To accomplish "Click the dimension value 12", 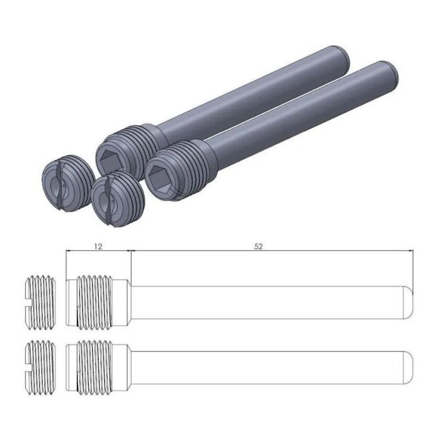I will coord(98,246).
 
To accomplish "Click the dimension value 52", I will coord(258,246).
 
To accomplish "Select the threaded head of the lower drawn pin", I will coord(98,364).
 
